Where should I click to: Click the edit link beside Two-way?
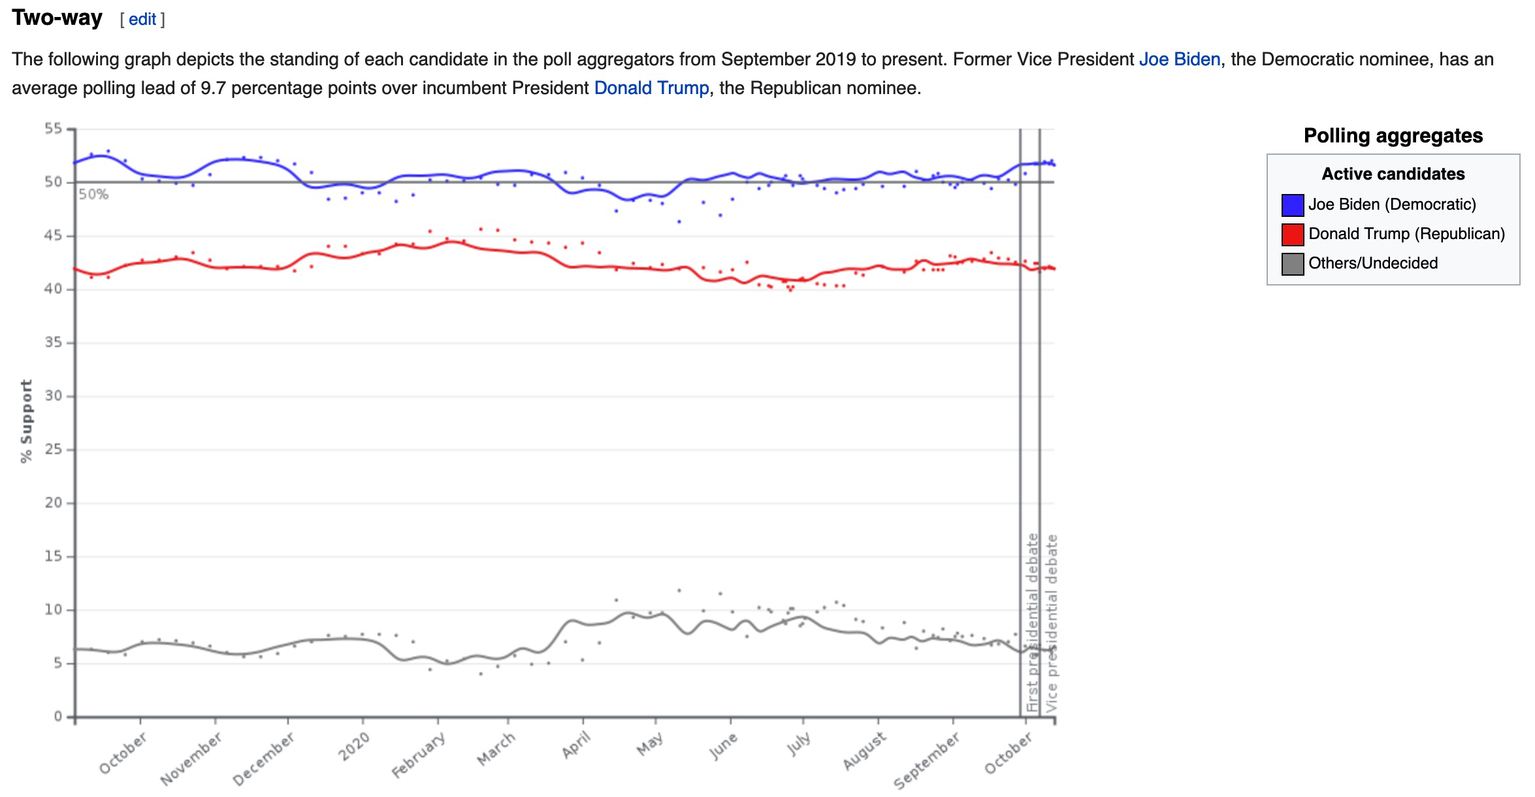142,20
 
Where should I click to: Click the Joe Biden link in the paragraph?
1179,59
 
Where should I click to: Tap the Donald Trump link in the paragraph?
651,88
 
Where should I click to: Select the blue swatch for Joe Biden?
1292,205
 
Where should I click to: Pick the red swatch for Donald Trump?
1292,235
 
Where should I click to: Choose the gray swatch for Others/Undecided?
1292,264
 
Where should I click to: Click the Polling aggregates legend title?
1393,136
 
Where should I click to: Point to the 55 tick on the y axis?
54,129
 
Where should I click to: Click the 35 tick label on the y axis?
54,342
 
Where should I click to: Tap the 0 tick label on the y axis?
58,717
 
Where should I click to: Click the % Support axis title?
26,421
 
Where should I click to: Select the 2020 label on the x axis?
354,746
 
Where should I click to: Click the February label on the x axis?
419,755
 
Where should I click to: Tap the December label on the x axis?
264,758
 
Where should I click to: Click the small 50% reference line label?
93,195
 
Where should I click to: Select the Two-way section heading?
57,18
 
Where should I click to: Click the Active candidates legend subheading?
1393,174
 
